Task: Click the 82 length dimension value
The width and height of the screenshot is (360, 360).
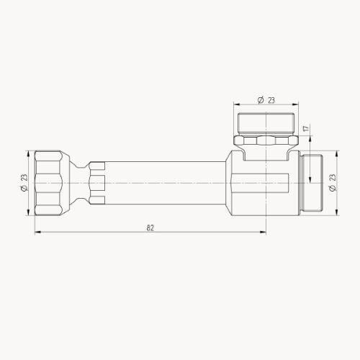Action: click(150, 228)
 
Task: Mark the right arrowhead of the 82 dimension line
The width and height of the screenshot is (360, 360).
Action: click(266, 233)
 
